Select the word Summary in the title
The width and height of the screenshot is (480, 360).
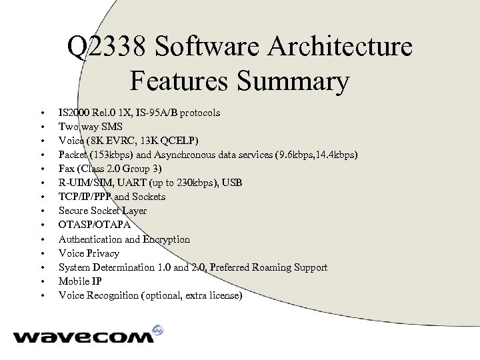click(x=296, y=82)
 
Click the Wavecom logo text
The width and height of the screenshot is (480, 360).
click(x=83, y=337)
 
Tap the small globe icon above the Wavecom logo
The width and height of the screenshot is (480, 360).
click(x=158, y=330)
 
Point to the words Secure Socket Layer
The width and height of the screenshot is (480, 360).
click(x=103, y=211)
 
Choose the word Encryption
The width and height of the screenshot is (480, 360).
click(x=167, y=239)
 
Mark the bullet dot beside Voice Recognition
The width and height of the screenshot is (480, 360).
click(x=41, y=296)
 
